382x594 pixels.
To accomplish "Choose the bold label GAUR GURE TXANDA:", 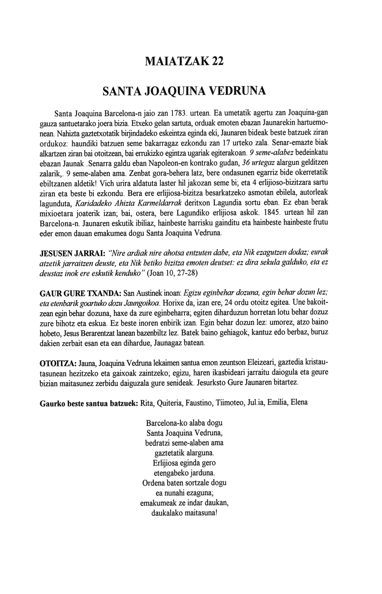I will (x=80, y=294).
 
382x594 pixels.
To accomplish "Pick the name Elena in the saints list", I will (x=298, y=403).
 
